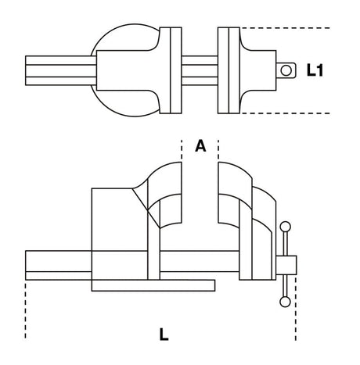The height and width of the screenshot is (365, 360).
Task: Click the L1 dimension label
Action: click(315, 71)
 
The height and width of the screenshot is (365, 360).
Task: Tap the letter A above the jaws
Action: click(200, 146)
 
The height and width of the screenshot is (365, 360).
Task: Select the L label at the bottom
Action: click(163, 335)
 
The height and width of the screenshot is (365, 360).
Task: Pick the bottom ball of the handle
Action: click(285, 302)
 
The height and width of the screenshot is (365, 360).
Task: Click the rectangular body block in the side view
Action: click(117, 227)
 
